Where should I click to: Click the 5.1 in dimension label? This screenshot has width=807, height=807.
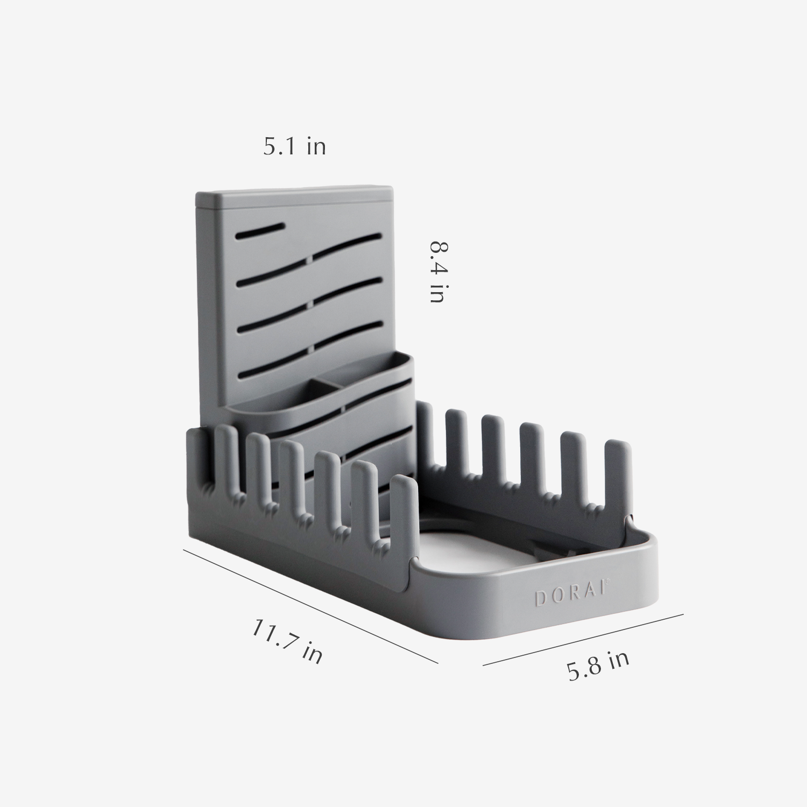tap(294, 147)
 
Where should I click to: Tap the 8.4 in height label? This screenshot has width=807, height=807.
tap(438, 272)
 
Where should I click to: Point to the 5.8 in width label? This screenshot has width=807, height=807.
tap(598, 666)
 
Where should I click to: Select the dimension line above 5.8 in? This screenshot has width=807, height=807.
tap(584, 639)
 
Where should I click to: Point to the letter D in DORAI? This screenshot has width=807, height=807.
tap(540, 598)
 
